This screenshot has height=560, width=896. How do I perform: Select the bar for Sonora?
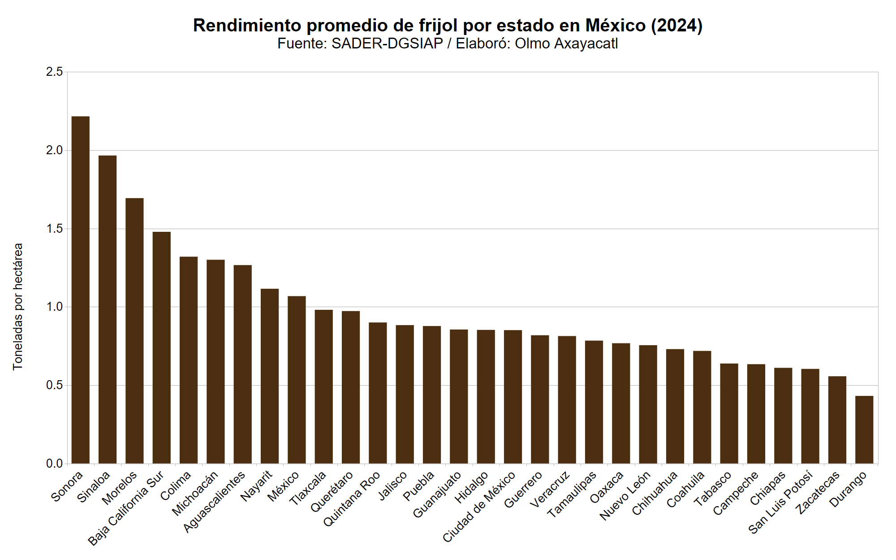coord(81,290)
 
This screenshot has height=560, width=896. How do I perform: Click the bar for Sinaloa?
coord(108,309)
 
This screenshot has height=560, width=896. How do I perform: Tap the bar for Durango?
coord(864,430)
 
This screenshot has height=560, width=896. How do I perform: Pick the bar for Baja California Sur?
coord(162,347)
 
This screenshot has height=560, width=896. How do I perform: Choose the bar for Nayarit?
coord(270,376)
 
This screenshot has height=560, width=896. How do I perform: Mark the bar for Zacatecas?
coord(837,420)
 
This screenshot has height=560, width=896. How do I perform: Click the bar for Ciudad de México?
coord(513,396)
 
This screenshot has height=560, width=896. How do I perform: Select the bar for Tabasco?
coord(729,413)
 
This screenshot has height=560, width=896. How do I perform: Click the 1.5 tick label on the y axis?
coord(55,229)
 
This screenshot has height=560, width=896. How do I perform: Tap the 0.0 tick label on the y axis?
coord(55,464)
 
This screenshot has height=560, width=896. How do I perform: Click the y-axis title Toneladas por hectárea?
coord(18,307)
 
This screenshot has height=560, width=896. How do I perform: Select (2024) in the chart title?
coord(676,26)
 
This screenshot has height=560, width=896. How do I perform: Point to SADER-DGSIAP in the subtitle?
coord(387,43)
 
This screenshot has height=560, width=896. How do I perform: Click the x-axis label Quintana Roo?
coord(352,499)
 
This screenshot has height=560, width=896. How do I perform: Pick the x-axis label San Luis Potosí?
coord(780,502)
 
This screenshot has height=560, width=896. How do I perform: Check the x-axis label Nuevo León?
coord(625,496)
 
